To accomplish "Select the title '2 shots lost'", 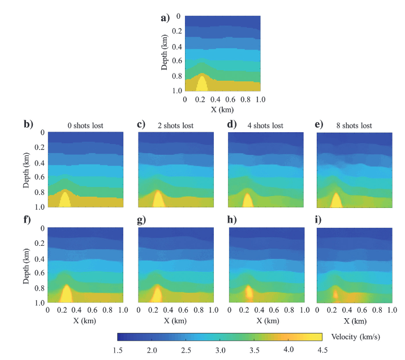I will coord(175,125).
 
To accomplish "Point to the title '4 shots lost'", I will coord(265,125).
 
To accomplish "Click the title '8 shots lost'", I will coord(355,125).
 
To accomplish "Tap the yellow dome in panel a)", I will coord(202,83).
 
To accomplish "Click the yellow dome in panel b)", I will coord(65,201).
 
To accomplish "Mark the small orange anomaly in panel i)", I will coord(335,294).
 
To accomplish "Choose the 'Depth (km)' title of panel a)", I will coord(165,54).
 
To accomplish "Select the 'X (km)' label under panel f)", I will coord(85,320).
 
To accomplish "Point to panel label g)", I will coord(142,220).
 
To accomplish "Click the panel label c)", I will coord(142,124).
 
